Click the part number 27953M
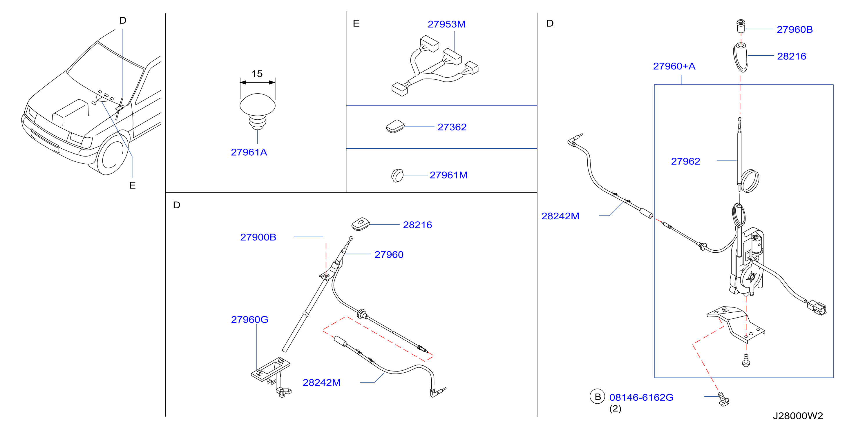pyautogui.click(x=446, y=24)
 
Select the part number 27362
pyautogui.click(x=452, y=127)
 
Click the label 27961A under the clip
pyautogui.click(x=249, y=152)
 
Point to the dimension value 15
pyautogui.click(x=257, y=74)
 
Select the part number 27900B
pyautogui.click(x=258, y=237)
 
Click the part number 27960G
pyautogui.click(x=249, y=319)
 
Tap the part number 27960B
pyautogui.click(x=795, y=30)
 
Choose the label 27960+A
pyautogui.click(x=674, y=66)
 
